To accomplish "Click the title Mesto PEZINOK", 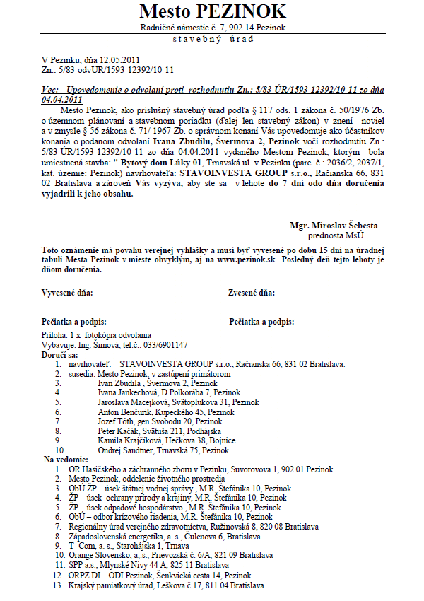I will [x=213, y=11].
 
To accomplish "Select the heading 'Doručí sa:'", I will [x=60, y=354].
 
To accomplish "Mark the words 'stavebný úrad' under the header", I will [x=212, y=38].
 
